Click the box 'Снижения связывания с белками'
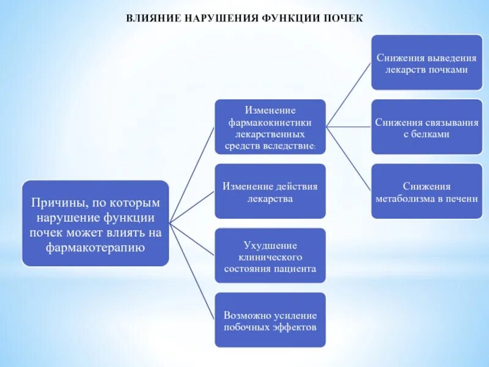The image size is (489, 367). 427,128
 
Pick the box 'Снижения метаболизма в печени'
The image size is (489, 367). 427,191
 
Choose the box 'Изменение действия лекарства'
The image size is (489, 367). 270,191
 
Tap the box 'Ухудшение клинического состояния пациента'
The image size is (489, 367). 270,256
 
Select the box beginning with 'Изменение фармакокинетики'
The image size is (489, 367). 270,127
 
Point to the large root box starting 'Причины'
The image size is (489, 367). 95,223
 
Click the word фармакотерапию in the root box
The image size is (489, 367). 95,248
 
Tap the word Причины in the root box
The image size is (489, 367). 55,202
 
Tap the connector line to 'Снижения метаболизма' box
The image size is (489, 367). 348,158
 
